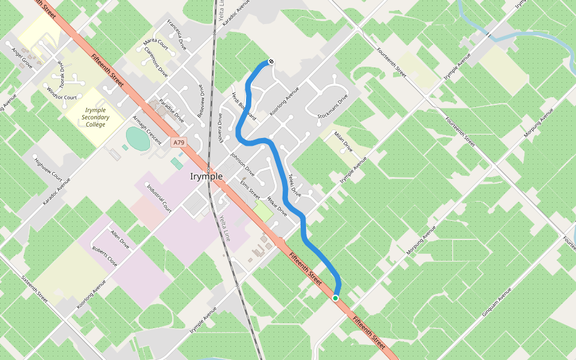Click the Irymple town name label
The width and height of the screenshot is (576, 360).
click(x=206, y=176)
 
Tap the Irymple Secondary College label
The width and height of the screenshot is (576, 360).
click(x=96, y=118)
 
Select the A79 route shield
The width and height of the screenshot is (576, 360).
click(x=178, y=143)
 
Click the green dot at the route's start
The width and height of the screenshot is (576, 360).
click(x=335, y=298)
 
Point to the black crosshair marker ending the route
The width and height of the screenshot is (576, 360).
click(x=271, y=61)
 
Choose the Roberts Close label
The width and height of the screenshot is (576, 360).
click(x=104, y=256)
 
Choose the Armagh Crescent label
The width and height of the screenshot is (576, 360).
click(x=147, y=129)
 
